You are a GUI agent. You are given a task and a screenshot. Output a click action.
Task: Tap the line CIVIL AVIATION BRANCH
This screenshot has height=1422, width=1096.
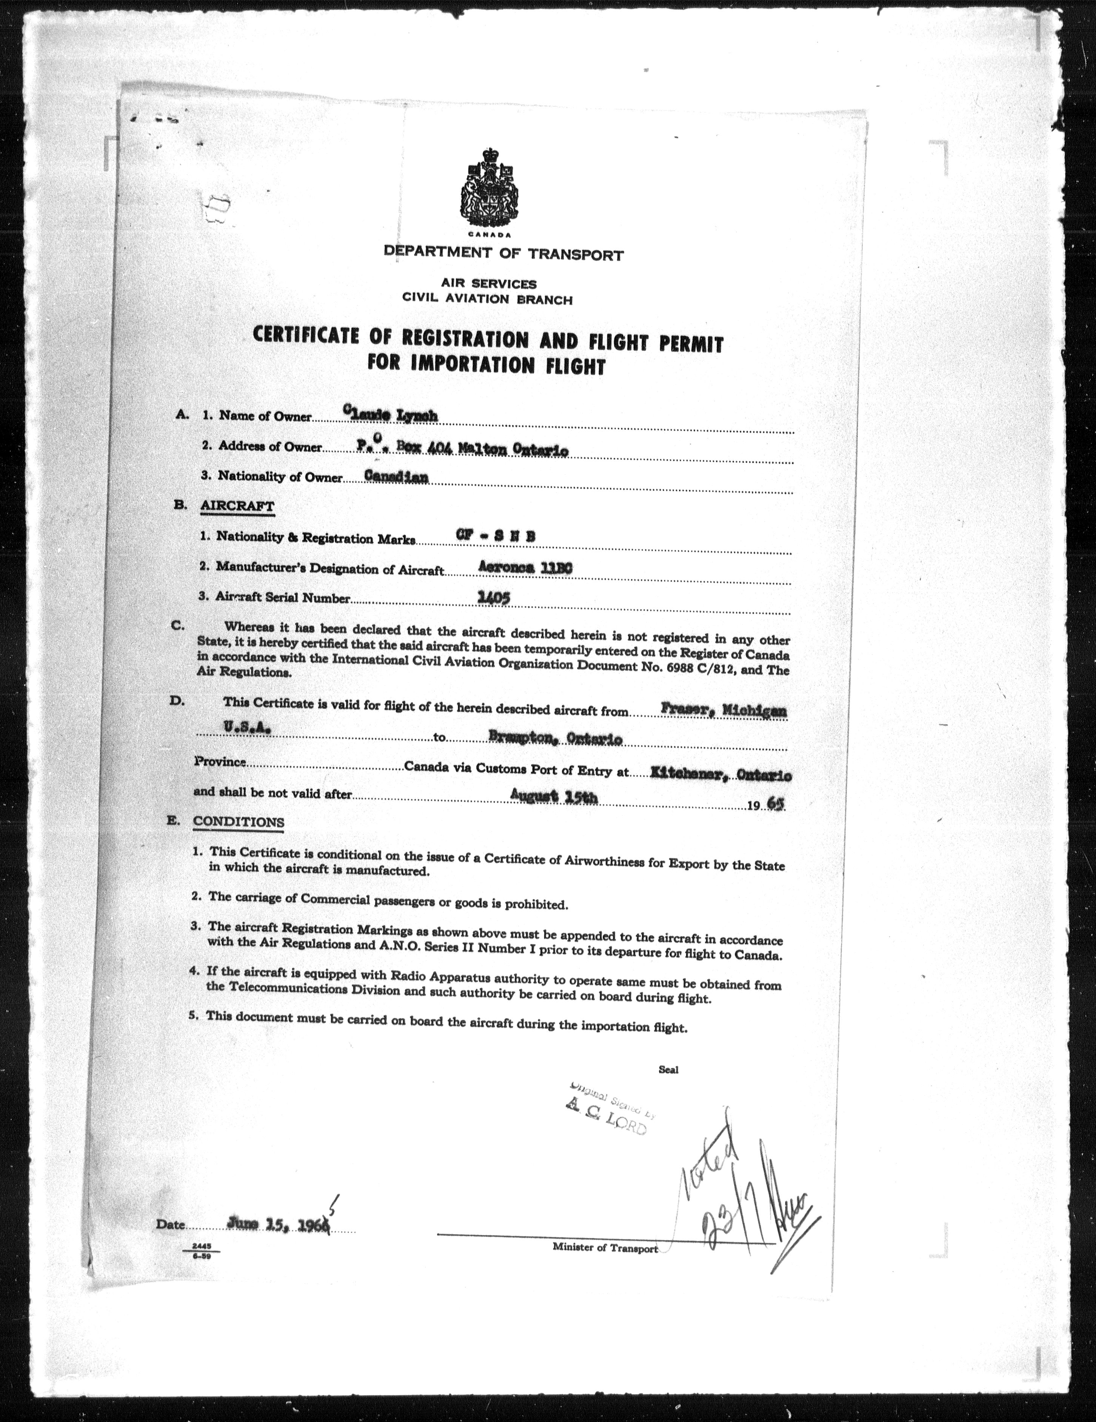[488, 300]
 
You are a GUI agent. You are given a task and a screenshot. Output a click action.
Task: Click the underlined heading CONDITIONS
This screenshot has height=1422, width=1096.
[239, 821]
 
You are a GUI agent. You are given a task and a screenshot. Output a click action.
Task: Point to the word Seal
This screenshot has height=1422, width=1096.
[668, 1069]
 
